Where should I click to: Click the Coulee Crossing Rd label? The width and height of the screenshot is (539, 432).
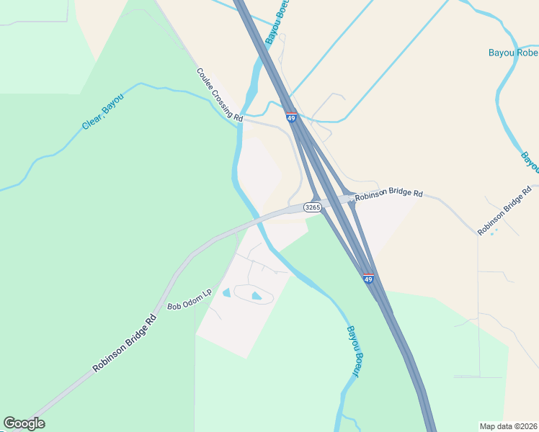[x=220, y=94]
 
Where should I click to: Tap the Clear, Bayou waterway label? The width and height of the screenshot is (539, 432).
[x=103, y=112]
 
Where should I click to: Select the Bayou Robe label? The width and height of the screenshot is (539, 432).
[x=513, y=53]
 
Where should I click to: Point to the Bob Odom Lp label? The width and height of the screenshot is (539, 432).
[x=190, y=300]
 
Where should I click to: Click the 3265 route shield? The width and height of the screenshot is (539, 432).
[x=312, y=207]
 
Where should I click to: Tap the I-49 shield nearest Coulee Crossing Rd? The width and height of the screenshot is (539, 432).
[x=291, y=117]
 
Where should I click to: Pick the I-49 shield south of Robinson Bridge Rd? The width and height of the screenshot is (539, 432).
[x=368, y=279]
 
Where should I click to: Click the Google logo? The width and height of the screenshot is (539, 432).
[x=24, y=423]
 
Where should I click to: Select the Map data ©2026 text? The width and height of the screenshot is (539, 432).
[x=508, y=426]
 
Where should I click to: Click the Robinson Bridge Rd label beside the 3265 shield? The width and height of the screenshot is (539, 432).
[x=388, y=194]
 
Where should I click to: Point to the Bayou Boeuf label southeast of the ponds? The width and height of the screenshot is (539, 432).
[x=353, y=351]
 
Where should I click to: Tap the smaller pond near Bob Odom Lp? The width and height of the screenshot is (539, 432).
[x=227, y=293]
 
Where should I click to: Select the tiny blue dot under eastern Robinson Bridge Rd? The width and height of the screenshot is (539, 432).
[x=493, y=233]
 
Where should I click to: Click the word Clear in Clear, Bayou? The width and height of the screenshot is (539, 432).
[x=92, y=120]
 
